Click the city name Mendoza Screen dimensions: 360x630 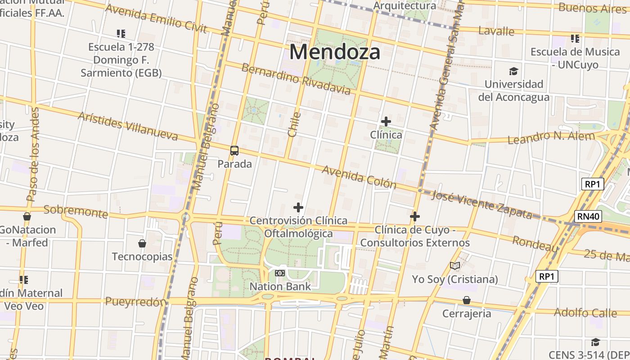[x=335, y=52]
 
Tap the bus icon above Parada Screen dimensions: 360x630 [x=234, y=151]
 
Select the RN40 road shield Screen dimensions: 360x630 [x=589, y=216]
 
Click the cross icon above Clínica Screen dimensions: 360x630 [x=386, y=121]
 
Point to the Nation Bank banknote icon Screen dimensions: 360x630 [x=280, y=273]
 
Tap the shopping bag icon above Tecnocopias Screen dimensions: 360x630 [x=142, y=243]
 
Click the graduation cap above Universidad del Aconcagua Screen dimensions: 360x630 [x=513, y=71]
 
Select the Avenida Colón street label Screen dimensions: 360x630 [x=359, y=177]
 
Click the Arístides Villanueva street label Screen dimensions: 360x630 [x=128, y=126]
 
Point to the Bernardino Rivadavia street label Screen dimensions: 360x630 [x=296, y=79]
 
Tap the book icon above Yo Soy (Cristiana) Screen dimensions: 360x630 [x=455, y=266]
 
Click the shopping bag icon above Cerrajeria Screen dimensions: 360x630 [x=467, y=300]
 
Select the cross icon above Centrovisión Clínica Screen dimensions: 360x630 [x=298, y=207]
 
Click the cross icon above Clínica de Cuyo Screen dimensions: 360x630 [x=415, y=217]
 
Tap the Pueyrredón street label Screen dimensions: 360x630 [x=135, y=301]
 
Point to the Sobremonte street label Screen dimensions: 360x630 [x=76, y=211]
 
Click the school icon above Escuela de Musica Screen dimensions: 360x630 [x=575, y=39]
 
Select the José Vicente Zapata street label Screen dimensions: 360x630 [x=481, y=204]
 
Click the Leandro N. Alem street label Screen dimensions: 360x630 [x=551, y=137]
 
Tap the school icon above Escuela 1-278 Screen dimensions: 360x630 [x=121, y=33]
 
